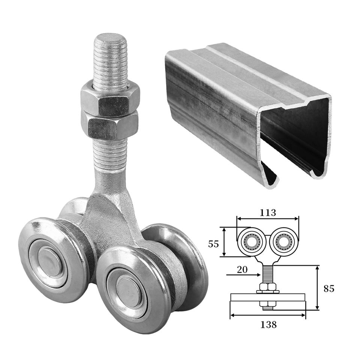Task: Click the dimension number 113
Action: (268, 213)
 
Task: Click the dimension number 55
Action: (213, 244)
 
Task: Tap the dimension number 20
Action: (242, 270)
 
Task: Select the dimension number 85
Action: (329, 289)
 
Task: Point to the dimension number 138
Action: (268, 325)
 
